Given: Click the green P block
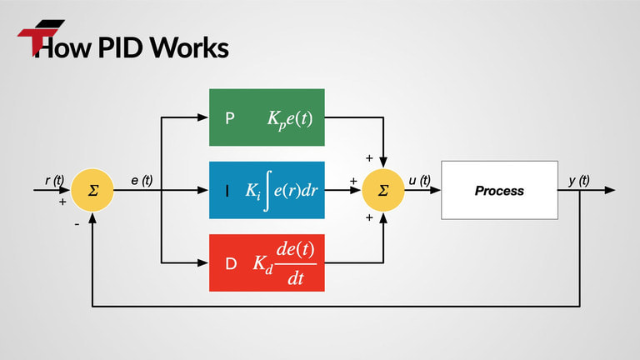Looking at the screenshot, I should tap(266, 117).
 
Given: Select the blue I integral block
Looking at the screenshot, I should tap(266, 190).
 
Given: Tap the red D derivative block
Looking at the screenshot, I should tap(266, 262).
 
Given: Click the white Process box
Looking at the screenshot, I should tap(499, 191).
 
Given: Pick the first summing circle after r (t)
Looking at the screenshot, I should tap(93, 190).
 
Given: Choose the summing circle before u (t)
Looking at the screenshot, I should tap(383, 190).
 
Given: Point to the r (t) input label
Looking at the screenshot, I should tap(54, 180).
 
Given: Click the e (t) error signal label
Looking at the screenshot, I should tap(142, 180).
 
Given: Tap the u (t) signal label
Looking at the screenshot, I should tap(419, 180).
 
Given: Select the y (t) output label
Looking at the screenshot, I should tap(578, 180).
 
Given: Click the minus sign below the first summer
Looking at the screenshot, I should tap(75, 224).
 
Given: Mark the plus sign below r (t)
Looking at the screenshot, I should tap(62, 202).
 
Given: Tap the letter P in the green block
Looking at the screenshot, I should tap(230, 117).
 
